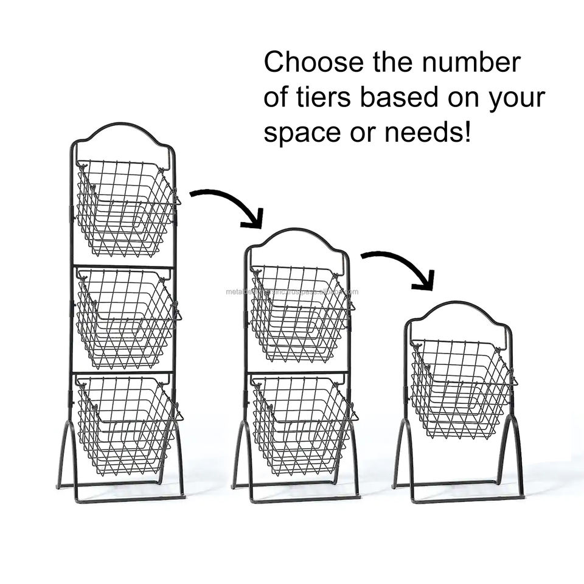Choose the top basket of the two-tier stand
click(299, 313)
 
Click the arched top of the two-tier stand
click(297, 234)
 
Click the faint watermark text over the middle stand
click(292, 291)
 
